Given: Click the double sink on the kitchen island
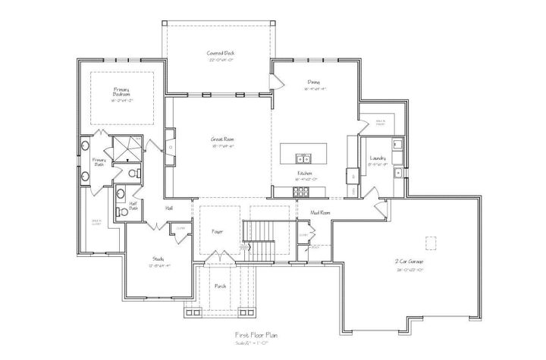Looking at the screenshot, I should click(x=303, y=158).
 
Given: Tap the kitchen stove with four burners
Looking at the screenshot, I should click(x=353, y=176).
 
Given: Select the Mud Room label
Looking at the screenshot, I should click(x=320, y=213).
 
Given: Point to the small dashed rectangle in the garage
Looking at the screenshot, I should click(x=431, y=243).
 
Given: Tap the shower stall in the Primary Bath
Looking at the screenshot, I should click(x=126, y=149).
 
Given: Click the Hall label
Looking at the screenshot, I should click(x=170, y=208).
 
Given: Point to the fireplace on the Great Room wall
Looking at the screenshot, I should click(x=171, y=142).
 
